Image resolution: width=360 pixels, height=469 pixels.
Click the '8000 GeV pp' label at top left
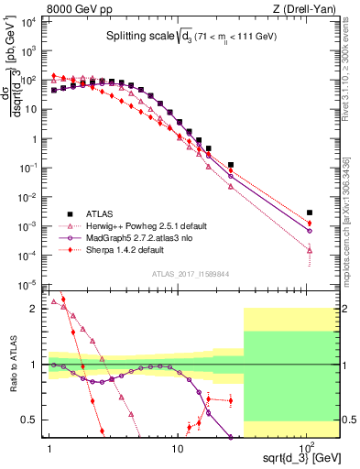pyautogui.click(x=37, y=7)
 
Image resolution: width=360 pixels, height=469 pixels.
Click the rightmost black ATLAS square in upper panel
pyautogui.click(x=310, y=213)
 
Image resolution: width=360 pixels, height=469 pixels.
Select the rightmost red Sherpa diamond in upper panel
pyautogui.click(x=310, y=223)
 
